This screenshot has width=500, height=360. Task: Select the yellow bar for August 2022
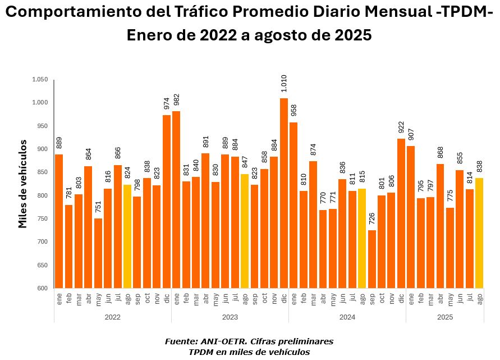point(127,236)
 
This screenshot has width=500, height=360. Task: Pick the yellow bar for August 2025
point(479,233)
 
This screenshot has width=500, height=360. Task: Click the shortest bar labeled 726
point(372,259)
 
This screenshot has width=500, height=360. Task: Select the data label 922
point(401,128)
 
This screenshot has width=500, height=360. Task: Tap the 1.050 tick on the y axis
point(40,80)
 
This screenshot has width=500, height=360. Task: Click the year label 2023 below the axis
point(230,317)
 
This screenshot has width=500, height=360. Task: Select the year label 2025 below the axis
point(445,317)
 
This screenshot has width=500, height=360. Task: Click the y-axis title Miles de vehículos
point(22,184)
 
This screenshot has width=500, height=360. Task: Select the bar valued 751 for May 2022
point(98,253)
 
